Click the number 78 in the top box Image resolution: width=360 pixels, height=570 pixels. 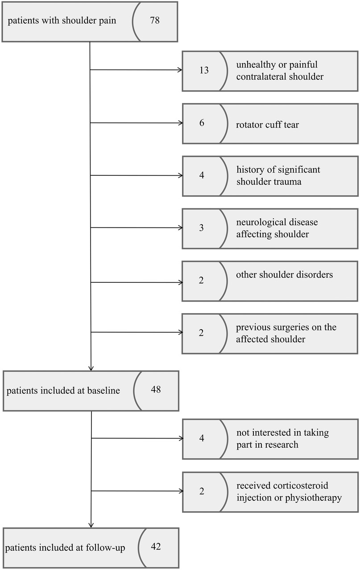[x=155, y=21]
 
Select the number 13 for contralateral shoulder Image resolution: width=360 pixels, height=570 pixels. [x=204, y=70]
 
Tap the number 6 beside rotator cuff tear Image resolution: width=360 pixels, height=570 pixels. [x=202, y=123]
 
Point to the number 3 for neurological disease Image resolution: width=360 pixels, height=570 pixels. [x=202, y=228]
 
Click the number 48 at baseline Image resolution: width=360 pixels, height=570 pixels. [x=156, y=389]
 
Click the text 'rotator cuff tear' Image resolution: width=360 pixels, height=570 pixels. [x=267, y=124]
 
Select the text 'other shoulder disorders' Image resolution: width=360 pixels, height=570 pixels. [x=284, y=275]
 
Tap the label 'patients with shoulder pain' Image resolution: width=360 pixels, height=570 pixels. [x=62, y=21]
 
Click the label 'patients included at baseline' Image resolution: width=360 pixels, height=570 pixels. [x=63, y=391]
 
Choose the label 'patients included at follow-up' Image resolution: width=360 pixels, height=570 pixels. [x=66, y=548]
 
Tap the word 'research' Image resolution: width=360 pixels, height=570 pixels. [x=281, y=445]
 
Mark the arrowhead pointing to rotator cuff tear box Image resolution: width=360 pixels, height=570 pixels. [x=180, y=123]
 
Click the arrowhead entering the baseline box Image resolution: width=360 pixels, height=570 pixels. [x=91, y=368]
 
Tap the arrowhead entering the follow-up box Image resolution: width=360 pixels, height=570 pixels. [x=91, y=525]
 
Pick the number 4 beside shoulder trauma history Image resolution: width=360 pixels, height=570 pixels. [x=202, y=175]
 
